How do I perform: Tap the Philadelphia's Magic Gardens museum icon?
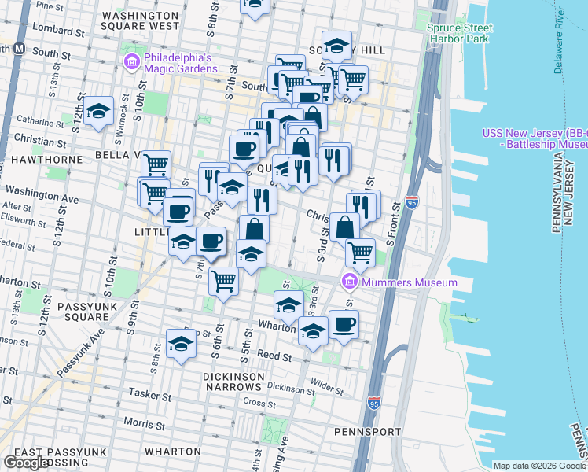click(131, 61)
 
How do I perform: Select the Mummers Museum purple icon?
click(349, 282)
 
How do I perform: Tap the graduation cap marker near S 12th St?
click(99, 112)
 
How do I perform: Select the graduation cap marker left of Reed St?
click(181, 343)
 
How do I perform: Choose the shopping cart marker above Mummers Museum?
click(360, 251)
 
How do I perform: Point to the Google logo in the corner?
click(25, 463)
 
